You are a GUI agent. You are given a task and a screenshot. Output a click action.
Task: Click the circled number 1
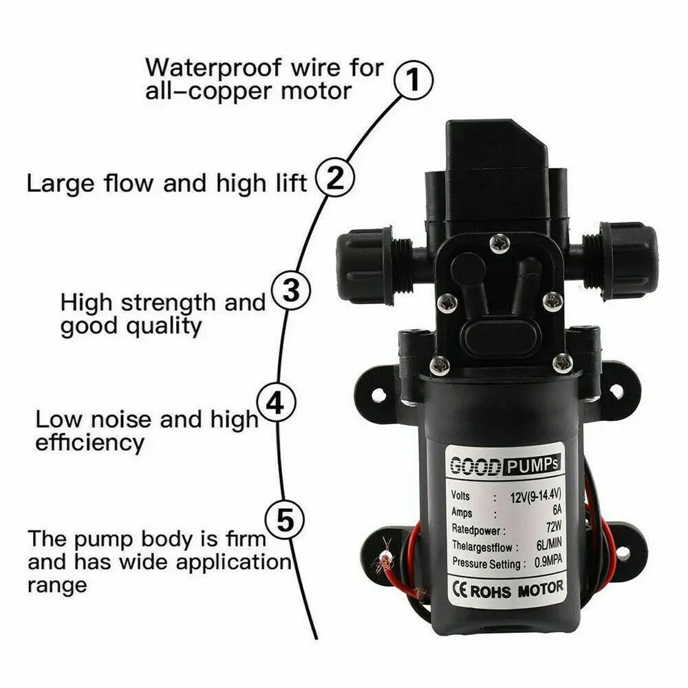pyautogui.click(x=413, y=80)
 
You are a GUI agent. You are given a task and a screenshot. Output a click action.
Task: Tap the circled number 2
pyautogui.click(x=335, y=178)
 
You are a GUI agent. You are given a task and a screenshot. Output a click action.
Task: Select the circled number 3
pyautogui.click(x=291, y=290)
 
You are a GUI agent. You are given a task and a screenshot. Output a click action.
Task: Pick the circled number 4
pyautogui.click(x=276, y=402)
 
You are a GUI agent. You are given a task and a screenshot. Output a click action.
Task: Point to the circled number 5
pyautogui.click(x=286, y=521)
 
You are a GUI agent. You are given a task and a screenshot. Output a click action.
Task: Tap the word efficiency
pyautogui.click(x=89, y=442)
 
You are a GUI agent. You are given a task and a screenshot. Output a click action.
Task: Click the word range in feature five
pyautogui.click(x=57, y=585)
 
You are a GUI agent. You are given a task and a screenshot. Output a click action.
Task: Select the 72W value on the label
pyautogui.click(x=554, y=526)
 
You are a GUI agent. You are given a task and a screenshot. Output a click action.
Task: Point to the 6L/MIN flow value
pyautogui.click(x=549, y=544)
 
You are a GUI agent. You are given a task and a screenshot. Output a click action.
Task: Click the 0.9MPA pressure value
pyautogui.click(x=548, y=561)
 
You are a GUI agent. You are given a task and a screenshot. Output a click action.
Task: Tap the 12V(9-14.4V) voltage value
pyautogui.click(x=536, y=496)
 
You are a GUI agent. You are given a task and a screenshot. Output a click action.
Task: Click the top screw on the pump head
pyautogui.click(x=499, y=244)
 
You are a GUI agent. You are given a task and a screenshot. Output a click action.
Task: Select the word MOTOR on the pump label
pyautogui.click(x=540, y=589)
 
